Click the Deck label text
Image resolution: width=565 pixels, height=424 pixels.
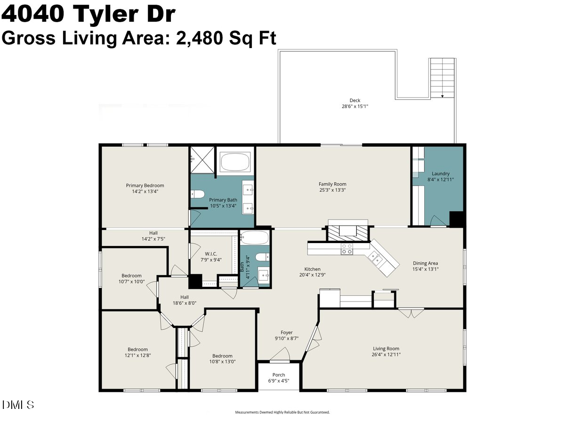tap(355, 100)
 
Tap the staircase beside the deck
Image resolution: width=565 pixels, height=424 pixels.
tap(442, 78)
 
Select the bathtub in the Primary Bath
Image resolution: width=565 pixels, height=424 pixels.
tap(235, 162)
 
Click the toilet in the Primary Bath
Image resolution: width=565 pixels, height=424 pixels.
tap(197, 194)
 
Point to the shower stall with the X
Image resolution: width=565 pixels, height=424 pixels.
tap(202, 160)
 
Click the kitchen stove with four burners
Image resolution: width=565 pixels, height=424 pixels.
tap(347, 249)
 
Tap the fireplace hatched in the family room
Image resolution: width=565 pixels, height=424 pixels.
tap(348, 233)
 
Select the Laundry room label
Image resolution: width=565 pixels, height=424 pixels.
tap(440, 173)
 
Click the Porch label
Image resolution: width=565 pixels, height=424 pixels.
tap(279, 375)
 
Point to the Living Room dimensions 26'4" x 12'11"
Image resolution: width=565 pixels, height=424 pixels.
tap(386, 354)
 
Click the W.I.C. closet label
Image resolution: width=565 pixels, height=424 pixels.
tap(211, 254)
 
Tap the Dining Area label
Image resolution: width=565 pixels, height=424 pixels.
tap(425, 263)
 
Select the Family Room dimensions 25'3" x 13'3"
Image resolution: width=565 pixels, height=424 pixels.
tap(332, 190)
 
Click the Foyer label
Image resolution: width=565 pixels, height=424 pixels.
tap(286, 332)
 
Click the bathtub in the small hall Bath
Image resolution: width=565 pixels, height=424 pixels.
tap(255, 237)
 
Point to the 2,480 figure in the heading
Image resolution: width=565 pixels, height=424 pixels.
tap(200, 38)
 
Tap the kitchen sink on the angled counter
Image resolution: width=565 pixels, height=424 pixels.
tap(375, 259)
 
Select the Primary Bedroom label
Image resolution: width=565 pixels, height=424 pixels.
tap(145, 185)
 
